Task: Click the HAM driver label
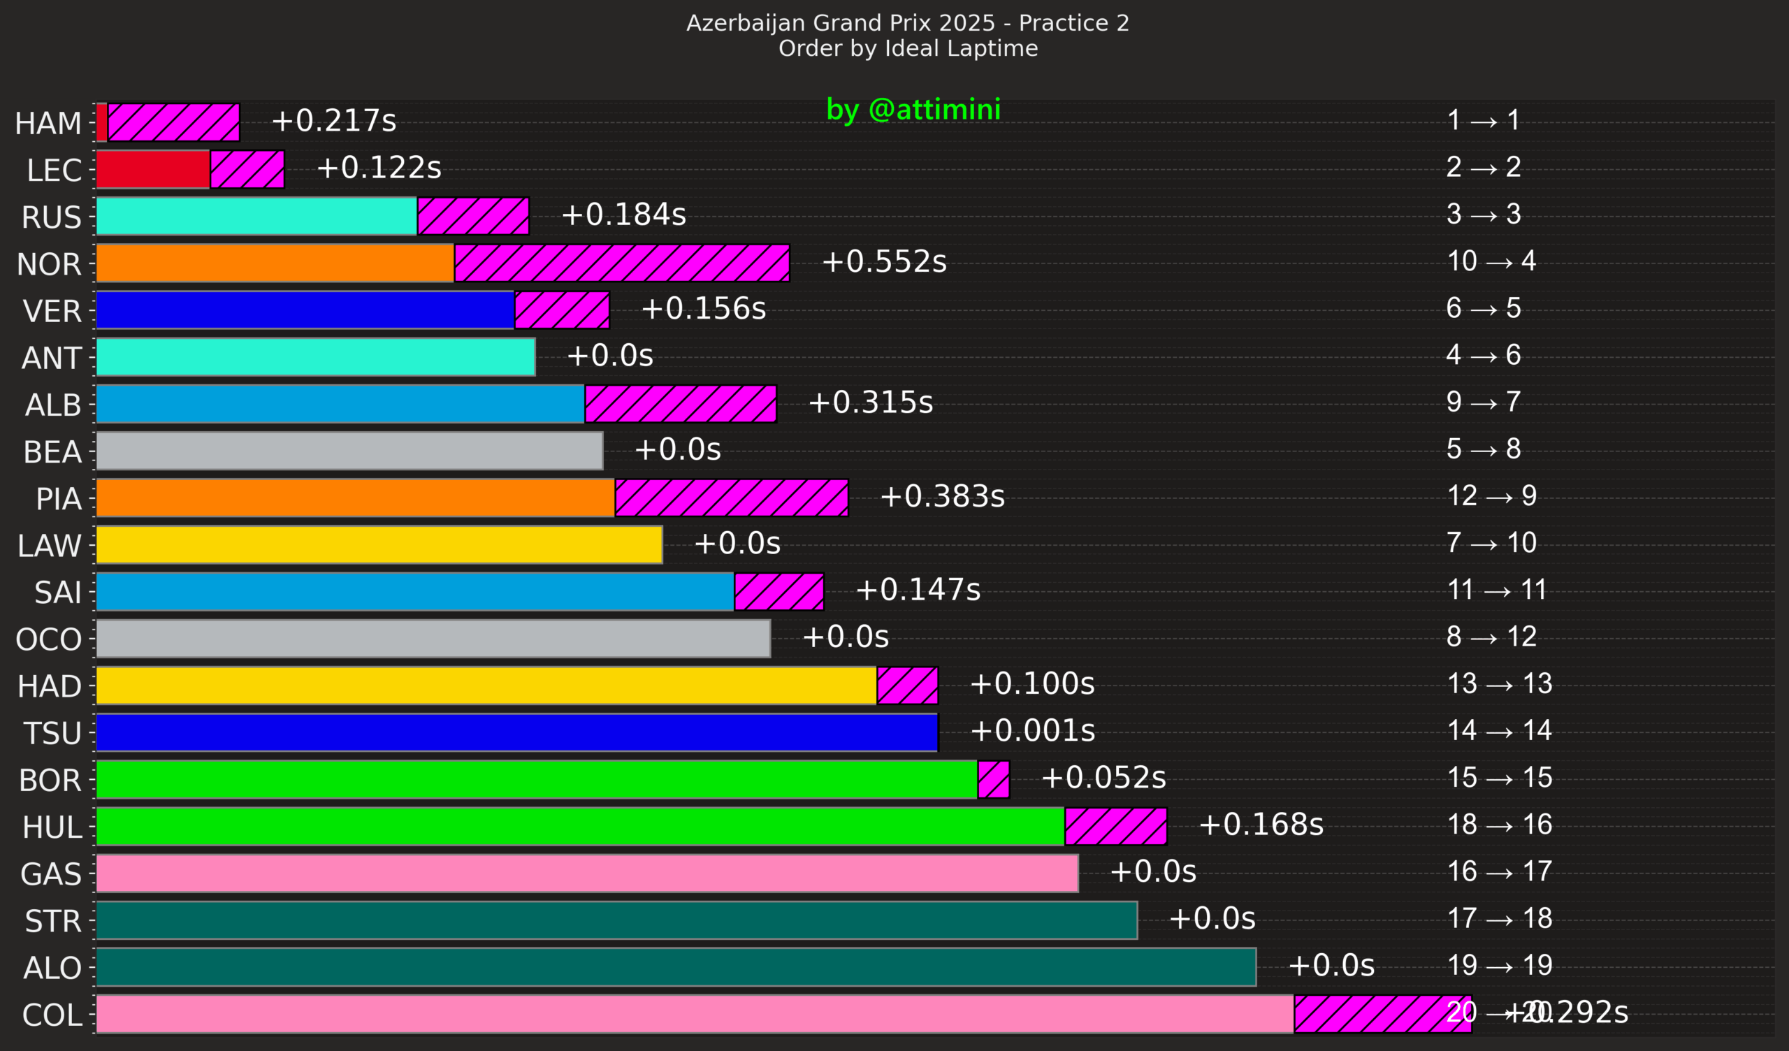point(48,124)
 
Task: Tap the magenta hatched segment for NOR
point(621,263)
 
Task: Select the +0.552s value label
point(884,262)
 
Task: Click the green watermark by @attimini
point(913,109)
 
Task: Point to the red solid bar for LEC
point(152,170)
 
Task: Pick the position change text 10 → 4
point(1491,261)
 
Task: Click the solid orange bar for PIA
point(355,498)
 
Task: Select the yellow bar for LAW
point(379,544)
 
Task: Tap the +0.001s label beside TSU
point(1032,731)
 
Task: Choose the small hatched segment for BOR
point(993,780)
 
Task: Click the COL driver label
point(52,1015)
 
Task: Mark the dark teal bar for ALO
point(676,967)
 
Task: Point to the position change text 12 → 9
point(1491,495)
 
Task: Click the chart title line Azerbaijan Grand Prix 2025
point(907,24)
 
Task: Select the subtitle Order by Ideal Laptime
point(907,48)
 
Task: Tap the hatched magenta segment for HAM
point(173,123)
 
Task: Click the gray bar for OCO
point(433,639)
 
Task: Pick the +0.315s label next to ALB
point(870,403)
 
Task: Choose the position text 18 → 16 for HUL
point(1500,825)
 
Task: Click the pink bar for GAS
point(587,874)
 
